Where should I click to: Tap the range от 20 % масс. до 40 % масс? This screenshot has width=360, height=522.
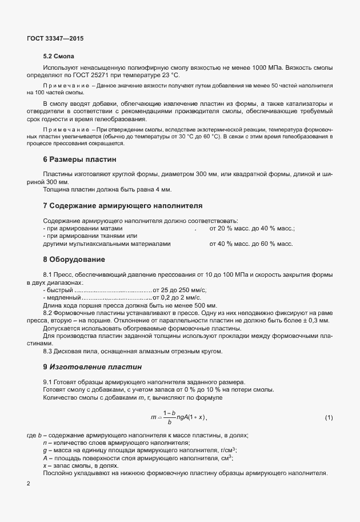click(x=251, y=229)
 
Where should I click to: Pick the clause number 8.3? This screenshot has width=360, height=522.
click(x=49, y=351)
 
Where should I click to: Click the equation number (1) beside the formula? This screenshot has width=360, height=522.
click(x=329, y=418)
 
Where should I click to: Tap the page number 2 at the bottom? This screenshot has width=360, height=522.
click(x=29, y=484)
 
